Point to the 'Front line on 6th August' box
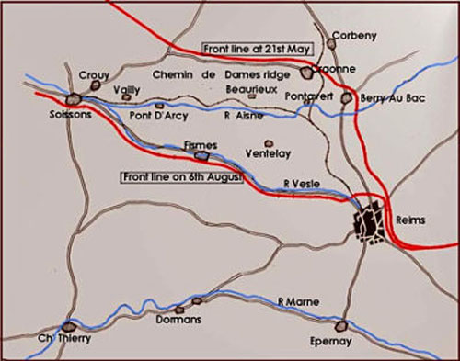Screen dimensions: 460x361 180,175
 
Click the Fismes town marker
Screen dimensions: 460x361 199,155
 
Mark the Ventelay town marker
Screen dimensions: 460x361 269,143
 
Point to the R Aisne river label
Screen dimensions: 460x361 242,117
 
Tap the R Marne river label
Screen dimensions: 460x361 295,300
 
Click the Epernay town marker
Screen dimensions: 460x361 342,326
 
